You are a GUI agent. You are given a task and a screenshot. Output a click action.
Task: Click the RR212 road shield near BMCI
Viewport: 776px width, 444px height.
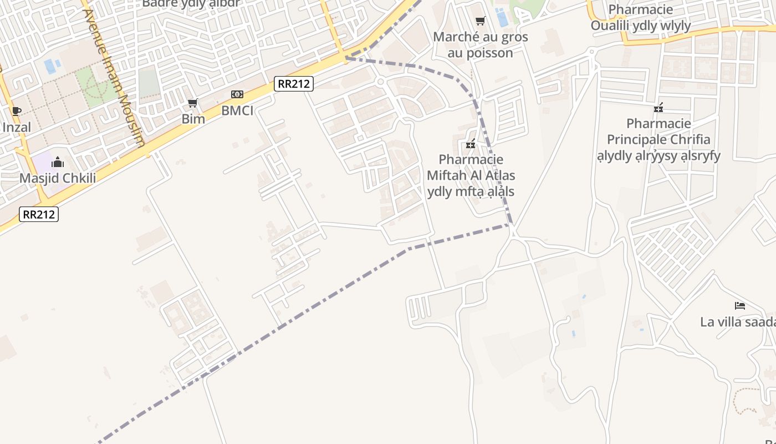(294, 84)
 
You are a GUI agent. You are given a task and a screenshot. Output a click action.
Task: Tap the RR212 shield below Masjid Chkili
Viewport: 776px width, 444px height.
(39, 214)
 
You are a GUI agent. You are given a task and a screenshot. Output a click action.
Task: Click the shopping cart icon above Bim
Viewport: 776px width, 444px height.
(193, 103)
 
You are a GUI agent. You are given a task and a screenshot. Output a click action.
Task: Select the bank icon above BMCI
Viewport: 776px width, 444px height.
(237, 94)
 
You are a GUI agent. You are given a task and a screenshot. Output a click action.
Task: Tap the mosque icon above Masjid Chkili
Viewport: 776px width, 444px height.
(58, 162)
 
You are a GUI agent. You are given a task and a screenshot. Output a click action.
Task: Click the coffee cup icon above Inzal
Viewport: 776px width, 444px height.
(17, 111)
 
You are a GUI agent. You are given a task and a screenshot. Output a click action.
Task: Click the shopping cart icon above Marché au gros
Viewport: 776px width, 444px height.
(480, 21)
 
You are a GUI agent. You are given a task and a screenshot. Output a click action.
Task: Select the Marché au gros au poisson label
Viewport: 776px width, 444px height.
(480, 45)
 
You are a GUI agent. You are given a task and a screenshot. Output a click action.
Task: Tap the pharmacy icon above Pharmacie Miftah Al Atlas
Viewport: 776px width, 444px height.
(471, 144)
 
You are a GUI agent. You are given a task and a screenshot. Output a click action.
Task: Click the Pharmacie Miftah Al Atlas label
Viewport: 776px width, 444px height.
(471, 175)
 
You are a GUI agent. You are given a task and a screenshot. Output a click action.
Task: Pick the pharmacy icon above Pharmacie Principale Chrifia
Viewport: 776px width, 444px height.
(658, 107)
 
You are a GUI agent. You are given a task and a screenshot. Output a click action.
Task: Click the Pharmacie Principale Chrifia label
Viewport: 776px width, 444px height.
(658, 139)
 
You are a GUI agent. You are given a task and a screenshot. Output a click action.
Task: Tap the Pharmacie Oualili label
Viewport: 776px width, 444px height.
(640, 18)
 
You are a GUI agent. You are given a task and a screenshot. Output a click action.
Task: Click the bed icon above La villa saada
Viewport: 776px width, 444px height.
(739, 305)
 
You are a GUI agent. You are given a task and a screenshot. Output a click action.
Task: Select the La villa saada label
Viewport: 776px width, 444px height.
(737, 322)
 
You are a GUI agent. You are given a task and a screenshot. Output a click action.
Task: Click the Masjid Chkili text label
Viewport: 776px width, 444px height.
(58, 178)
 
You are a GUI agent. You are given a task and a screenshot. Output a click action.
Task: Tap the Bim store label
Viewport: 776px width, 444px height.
(193, 119)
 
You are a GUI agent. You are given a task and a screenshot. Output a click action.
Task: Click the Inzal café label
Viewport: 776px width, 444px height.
(17, 127)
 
